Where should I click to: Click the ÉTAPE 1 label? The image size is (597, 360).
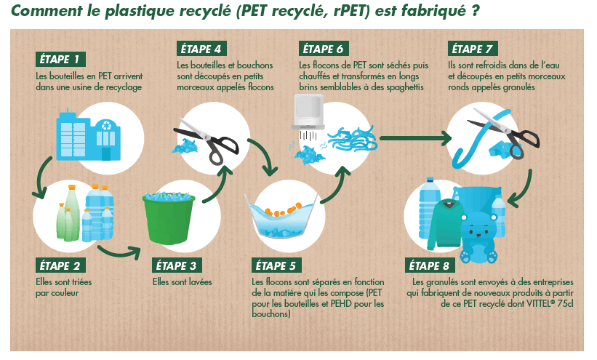[60, 60]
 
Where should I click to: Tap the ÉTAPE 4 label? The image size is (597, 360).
[201, 49]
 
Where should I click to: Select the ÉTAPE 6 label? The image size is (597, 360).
[324, 49]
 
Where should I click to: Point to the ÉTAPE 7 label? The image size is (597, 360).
[473, 49]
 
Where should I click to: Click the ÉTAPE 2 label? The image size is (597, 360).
[60, 265]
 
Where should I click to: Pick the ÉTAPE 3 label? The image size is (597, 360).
[177, 265]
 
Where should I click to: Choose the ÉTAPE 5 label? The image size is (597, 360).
[276, 265]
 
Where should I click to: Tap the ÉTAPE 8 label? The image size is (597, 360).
[430, 265]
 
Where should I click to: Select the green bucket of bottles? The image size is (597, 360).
[169, 218]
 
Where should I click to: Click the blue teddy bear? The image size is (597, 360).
[478, 238]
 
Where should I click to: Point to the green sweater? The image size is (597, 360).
[446, 224]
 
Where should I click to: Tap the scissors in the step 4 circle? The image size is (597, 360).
[207, 141]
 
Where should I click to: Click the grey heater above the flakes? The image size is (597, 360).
[308, 111]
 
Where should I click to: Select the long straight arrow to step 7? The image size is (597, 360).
[415, 138]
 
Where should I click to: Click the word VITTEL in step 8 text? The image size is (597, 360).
[540, 303]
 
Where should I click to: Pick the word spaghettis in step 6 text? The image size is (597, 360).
[405, 87]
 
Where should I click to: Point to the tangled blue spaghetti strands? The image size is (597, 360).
[352, 140]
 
